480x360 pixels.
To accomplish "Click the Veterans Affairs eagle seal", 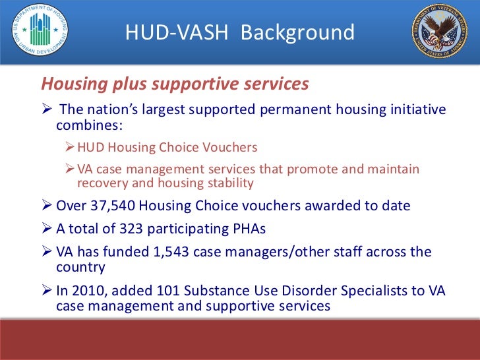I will point(439,31).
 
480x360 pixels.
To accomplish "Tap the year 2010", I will point(87,290).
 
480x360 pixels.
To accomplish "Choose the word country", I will point(80,267).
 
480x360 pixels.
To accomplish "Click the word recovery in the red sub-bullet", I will point(102,183).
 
